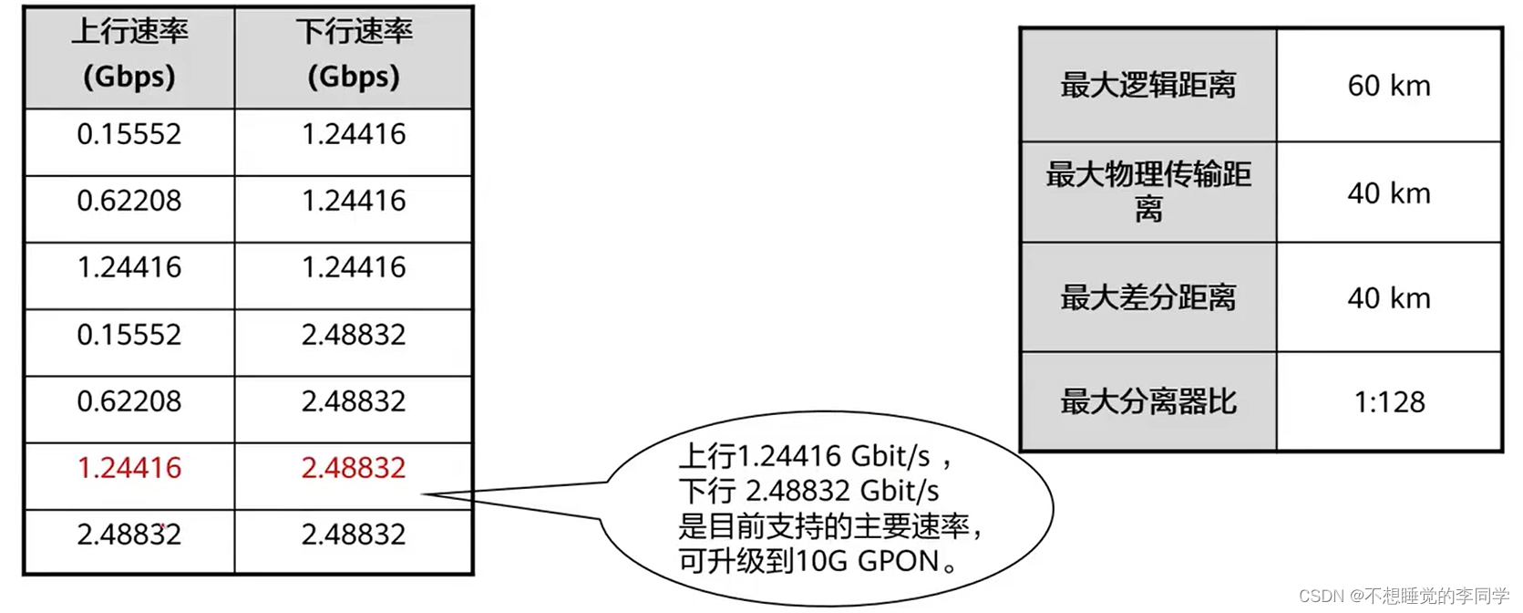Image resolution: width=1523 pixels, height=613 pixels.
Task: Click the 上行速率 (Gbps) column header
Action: (129, 55)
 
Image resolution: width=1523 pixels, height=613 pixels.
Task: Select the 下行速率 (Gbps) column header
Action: (354, 55)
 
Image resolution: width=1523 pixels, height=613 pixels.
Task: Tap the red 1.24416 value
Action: (129, 468)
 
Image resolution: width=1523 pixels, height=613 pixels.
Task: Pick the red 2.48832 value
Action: (354, 468)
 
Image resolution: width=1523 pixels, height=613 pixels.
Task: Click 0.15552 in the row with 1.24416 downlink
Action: (129, 134)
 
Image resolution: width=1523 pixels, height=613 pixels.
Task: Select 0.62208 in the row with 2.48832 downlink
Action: (129, 401)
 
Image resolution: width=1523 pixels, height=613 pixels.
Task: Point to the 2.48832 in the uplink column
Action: (129, 535)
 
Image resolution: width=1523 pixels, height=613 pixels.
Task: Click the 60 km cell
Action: (1389, 86)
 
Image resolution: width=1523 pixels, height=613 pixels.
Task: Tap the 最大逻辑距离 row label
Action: (1148, 86)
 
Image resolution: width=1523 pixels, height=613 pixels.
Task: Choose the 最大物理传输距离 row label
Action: (1148, 192)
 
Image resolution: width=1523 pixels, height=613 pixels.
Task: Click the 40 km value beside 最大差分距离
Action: (1389, 298)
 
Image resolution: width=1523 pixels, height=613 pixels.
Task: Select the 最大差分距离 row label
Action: (1148, 298)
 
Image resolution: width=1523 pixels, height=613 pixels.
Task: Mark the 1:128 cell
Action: (1389, 402)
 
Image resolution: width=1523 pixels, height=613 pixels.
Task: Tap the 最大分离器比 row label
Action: (1148, 402)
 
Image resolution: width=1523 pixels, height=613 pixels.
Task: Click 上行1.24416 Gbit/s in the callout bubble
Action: (806, 455)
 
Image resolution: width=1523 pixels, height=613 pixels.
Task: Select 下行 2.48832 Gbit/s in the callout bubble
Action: (808, 491)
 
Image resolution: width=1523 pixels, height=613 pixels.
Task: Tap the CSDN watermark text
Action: (1404, 597)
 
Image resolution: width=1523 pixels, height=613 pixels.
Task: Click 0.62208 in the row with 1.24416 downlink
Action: (129, 201)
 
